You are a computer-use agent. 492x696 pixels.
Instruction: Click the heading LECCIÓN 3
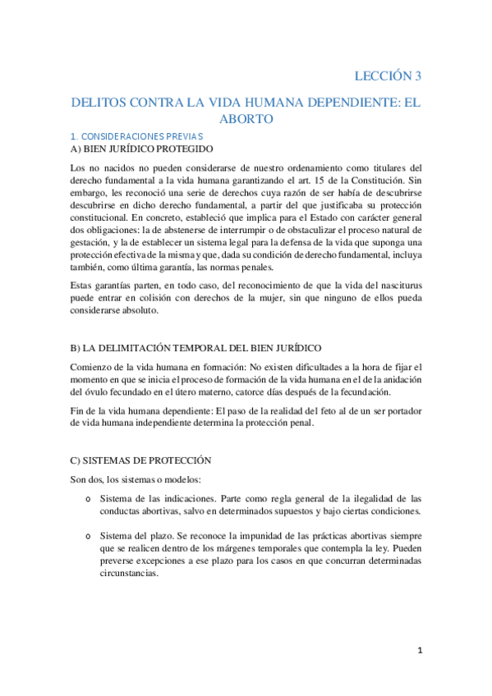[388, 76]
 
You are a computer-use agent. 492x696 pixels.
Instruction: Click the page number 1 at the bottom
[419, 652]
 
